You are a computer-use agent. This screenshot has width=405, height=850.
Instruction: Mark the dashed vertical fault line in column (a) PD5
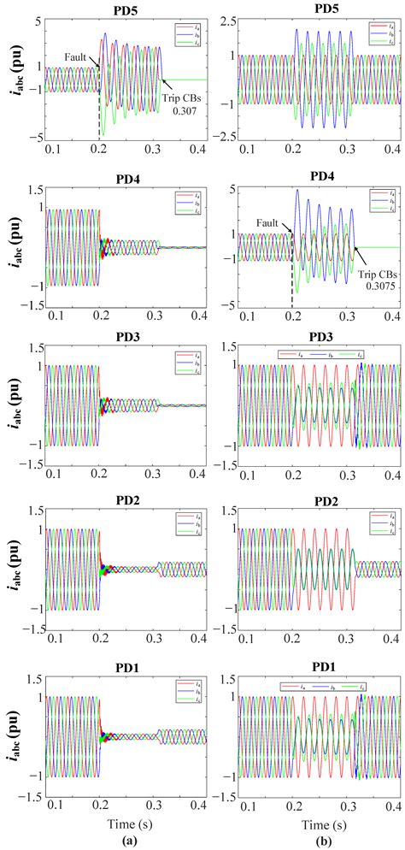pos(100,111)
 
